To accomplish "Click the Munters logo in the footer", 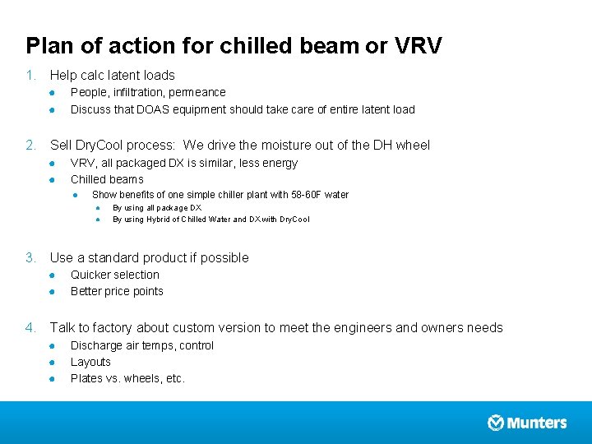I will pos(527,423).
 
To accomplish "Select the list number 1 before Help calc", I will pos(30,76).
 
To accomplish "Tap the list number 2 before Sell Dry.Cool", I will pos(30,146).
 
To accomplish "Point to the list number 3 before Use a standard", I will pos(30,258).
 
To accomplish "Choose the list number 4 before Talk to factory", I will pos(30,328).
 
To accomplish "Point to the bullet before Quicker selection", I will pos(51,275).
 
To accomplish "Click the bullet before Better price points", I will pos(51,292).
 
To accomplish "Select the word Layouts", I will pos(90,362).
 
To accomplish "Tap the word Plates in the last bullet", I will pos(86,378).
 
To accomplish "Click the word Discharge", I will pos(96,345).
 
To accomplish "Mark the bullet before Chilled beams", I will pos(51,180).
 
